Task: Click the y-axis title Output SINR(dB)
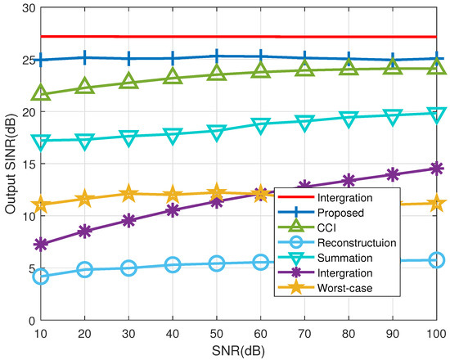coord(10,164)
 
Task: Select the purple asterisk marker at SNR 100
coord(435,169)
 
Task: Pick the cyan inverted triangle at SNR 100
coord(435,114)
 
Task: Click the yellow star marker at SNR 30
coord(128,194)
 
